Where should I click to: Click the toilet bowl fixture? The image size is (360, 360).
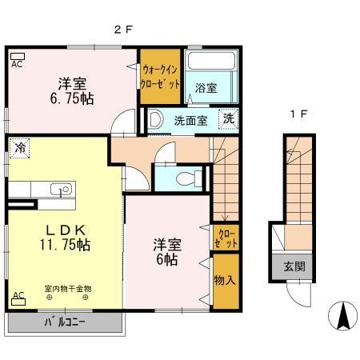click(186, 178)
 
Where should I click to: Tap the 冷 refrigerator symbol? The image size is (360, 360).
click(19, 147)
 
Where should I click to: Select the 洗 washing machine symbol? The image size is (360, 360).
click(228, 118)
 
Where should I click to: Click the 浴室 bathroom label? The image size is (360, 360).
click(206, 90)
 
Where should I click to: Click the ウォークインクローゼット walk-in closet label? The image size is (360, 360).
click(161, 74)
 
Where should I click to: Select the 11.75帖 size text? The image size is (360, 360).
click(62, 245)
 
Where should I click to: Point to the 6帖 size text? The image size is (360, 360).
click(167, 260)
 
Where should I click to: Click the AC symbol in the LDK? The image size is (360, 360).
click(17, 296)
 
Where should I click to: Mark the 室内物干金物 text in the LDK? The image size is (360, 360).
click(67, 287)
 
